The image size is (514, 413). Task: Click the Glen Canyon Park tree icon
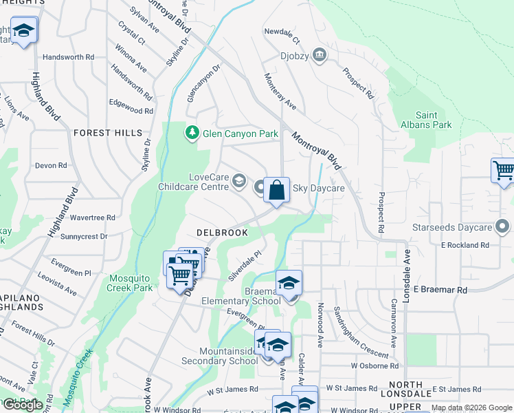(192, 132)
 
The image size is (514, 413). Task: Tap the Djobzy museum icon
(319, 55)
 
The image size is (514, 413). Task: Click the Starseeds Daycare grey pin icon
(502, 226)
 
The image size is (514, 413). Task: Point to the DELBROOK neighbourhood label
(221, 233)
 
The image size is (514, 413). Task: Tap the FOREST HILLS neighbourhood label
(108, 133)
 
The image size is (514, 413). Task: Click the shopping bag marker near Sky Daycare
(276, 190)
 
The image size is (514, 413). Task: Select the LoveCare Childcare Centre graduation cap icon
(239, 181)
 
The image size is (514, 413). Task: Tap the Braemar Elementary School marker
(289, 283)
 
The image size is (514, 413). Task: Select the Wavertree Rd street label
(92, 218)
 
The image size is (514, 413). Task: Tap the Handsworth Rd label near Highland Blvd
(68, 57)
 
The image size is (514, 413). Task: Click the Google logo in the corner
(22, 404)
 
